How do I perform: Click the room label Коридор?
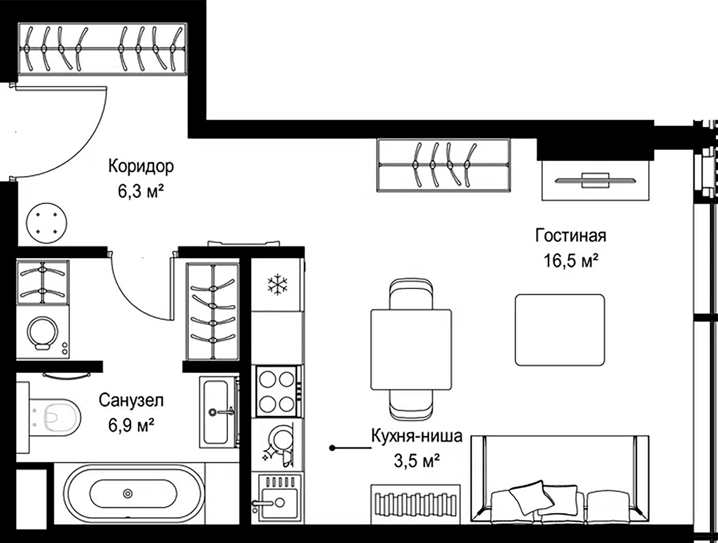pyautogui.click(x=141, y=166)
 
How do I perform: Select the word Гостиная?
pyautogui.click(x=571, y=236)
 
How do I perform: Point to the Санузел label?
pyautogui.click(x=131, y=400)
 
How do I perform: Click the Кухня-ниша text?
pyautogui.click(x=417, y=436)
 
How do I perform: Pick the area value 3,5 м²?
pyautogui.click(x=417, y=461)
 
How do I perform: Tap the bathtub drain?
pyautogui.click(x=128, y=493)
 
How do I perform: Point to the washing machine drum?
pyautogui.click(x=43, y=333)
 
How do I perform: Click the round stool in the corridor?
pyautogui.click(x=46, y=223)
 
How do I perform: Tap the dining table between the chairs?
pyautogui.click(x=411, y=349)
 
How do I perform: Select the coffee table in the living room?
pyautogui.click(x=560, y=330)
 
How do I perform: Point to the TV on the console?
pyautogui.click(x=595, y=180)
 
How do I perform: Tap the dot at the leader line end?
pyautogui.click(x=332, y=448)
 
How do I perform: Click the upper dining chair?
pyautogui.click(x=411, y=294)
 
